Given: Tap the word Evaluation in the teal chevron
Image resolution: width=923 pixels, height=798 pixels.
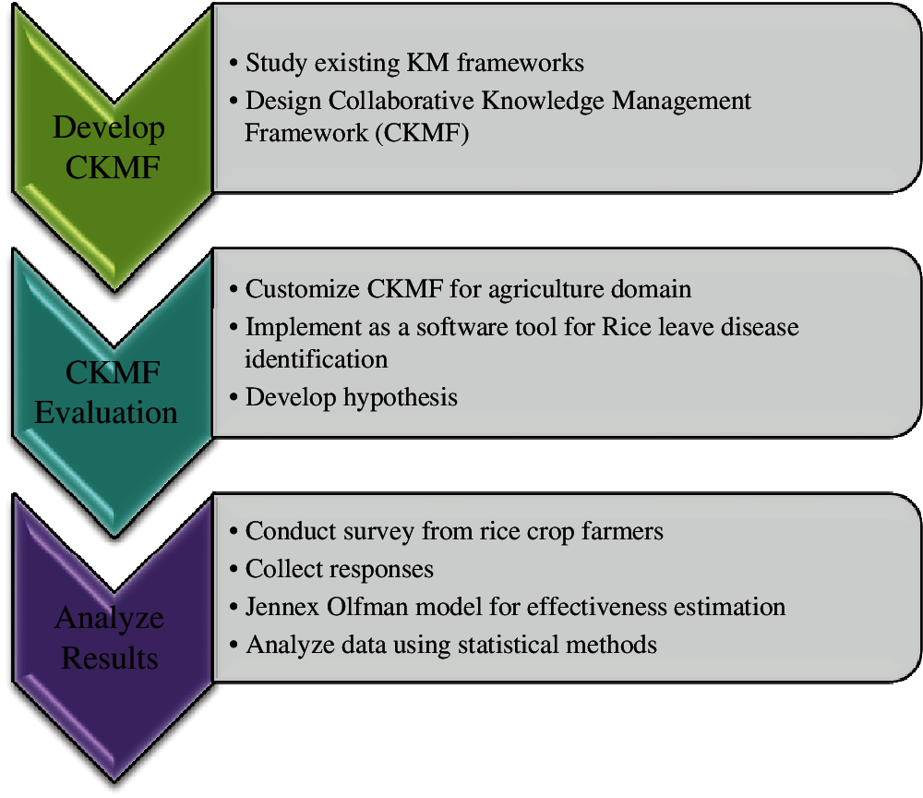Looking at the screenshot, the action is point(106,412).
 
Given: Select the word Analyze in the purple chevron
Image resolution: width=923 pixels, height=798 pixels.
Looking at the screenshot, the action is point(110,620).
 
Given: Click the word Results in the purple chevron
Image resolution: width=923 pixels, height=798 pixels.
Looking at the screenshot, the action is point(110,658).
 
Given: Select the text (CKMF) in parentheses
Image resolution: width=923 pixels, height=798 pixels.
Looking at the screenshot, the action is point(422,133).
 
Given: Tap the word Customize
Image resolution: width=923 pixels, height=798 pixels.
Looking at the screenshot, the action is point(302,289).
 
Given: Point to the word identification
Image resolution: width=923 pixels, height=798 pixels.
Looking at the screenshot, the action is point(316,359).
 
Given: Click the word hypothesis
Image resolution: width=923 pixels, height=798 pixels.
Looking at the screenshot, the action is point(401,398).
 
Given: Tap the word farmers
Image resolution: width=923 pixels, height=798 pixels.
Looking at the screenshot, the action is point(622,531).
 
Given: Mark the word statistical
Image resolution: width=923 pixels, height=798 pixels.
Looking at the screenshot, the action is point(508,645).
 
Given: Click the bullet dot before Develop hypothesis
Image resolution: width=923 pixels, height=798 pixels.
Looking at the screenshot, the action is point(234,398).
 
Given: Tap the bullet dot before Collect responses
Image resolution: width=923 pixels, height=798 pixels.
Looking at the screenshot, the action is point(234,570).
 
